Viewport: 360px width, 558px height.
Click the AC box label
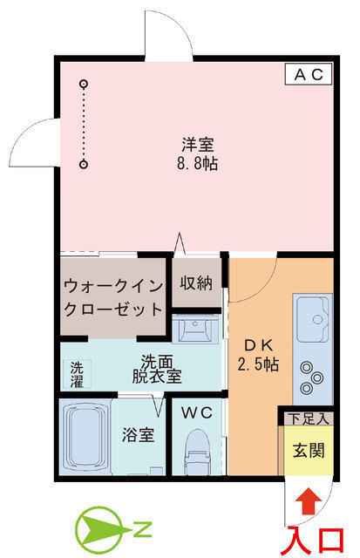click(309, 75)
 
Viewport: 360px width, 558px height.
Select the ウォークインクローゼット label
click(113, 296)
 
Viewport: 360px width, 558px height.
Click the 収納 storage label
click(196, 282)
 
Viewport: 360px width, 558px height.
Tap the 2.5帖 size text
click(258, 364)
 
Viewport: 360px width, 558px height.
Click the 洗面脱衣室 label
click(157, 369)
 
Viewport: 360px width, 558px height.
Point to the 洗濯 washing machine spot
click(77, 374)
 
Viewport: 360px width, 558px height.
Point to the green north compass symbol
click(102, 529)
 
